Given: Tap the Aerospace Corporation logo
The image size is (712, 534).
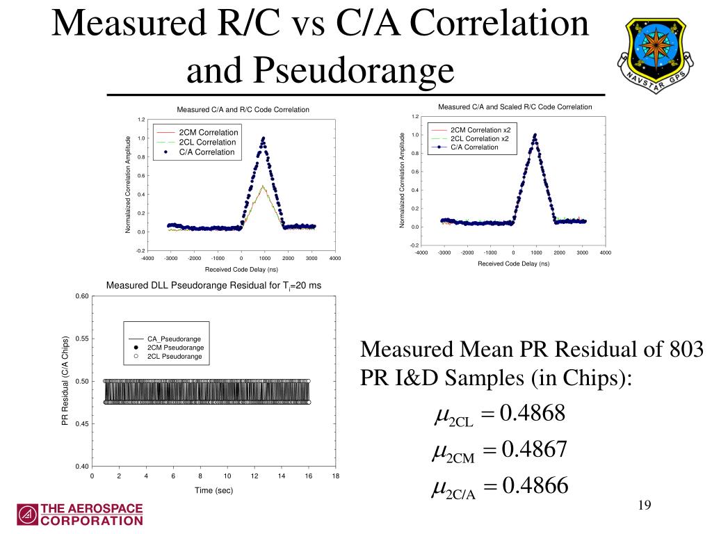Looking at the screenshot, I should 81,514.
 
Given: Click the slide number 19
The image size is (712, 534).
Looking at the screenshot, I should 643,505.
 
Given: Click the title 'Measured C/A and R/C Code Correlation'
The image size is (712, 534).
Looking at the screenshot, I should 243,109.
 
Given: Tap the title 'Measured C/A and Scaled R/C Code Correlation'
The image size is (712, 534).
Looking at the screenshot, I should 515,106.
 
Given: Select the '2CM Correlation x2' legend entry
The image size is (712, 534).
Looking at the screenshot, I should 479,130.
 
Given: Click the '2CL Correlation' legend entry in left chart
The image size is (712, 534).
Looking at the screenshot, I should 207,142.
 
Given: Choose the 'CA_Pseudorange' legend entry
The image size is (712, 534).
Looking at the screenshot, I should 174,339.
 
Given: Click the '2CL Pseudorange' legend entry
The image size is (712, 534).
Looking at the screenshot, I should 174,356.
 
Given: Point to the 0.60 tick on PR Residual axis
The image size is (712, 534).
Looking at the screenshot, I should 81,297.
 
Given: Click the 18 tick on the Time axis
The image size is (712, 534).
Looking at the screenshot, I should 336,476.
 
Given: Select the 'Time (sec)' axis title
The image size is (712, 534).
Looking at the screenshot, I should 213,490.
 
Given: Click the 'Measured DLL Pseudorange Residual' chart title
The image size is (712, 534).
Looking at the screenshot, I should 213,285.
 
